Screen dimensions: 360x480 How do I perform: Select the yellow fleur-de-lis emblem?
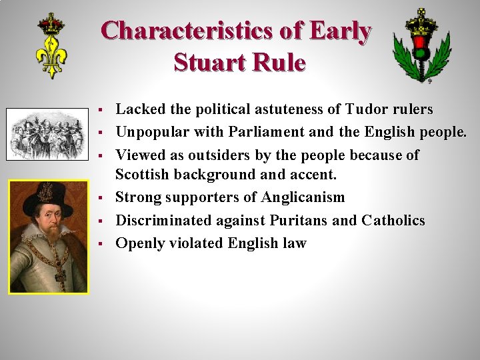point(51,46)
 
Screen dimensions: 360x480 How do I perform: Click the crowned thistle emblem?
point(420,45)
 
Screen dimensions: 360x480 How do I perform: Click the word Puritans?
point(298,220)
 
